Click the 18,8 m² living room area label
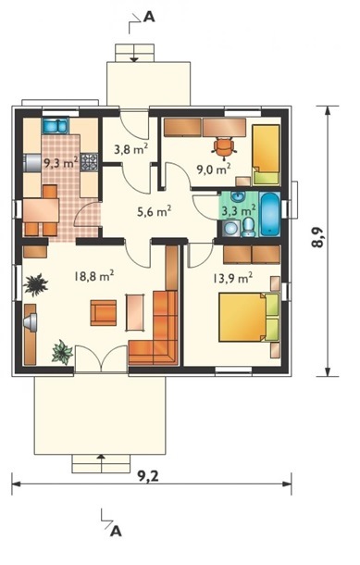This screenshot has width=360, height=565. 94,276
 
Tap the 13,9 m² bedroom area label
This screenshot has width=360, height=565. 232,278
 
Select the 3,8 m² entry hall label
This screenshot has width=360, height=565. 131,149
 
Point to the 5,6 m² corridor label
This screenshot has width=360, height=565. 154,211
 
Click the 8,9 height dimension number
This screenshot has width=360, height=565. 317,238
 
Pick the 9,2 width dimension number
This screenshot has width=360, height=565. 148,476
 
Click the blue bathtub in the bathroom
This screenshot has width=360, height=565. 269,214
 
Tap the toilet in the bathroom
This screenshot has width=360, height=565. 248,228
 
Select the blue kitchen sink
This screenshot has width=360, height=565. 56,125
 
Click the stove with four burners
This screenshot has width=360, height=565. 89,162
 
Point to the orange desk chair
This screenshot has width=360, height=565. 224,147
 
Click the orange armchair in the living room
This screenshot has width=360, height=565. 104,313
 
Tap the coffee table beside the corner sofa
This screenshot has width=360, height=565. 135,312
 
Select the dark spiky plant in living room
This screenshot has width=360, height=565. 35,284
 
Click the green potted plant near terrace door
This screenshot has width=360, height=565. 62,352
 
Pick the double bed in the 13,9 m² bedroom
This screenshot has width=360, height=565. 249,317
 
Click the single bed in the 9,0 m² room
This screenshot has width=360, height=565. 266,155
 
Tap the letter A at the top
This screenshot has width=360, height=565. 149,18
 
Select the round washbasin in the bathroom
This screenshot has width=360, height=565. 238,197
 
